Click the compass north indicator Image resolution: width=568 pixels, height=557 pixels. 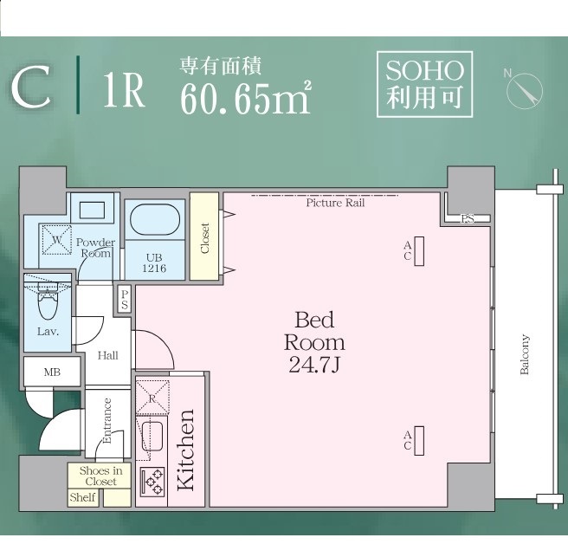pyautogui.click(x=524, y=89)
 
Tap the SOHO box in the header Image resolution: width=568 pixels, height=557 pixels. pyautogui.click(x=425, y=84)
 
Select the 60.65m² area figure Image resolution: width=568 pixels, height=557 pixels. pyautogui.click(x=246, y=98)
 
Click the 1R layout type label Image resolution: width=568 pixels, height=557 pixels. pyautogui.click(x=124, y=90)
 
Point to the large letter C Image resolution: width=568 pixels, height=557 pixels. pyautogui.click(x=31, y=87)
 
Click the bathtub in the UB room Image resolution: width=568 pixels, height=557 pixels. pyautogui.click(x=155, y=219)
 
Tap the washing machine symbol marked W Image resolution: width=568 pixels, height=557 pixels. pyautogui.click(x=56, y=239)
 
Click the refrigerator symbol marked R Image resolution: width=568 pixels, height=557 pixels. pyautogui.click(x=152, y=398)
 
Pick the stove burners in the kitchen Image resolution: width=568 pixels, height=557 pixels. pyautogui.click(x=153, y=482)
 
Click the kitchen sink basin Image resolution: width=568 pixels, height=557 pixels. pyautogui.click(x=152, y=437)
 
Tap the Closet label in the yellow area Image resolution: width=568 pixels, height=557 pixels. pyautogui.click(x=204, y=238)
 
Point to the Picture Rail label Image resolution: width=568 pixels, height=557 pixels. pyautogui.click(x=335, y=203)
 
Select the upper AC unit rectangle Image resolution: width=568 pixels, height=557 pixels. pyautogui.click(x=419, y=251)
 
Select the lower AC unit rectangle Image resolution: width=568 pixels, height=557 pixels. pyautogui.click(x=419, y=441)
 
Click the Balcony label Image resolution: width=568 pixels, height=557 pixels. pyautogui.click(x=525, y=354)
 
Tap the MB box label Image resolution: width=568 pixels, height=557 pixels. pyautogui.click(x=52, y=372)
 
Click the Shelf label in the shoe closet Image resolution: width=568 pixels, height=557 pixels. pyautogui.click(x=82, y=497)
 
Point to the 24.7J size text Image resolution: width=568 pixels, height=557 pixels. pyautogui.click(x=314, y=365)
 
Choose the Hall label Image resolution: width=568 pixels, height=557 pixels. pyautogui.click(x=108, y=355)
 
